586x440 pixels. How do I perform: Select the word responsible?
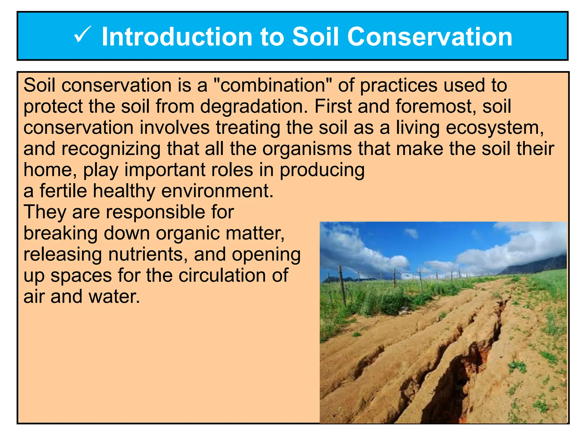pos(156,212)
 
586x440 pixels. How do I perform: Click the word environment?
pos(217,191)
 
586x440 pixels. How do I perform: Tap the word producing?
pos(322,170)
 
